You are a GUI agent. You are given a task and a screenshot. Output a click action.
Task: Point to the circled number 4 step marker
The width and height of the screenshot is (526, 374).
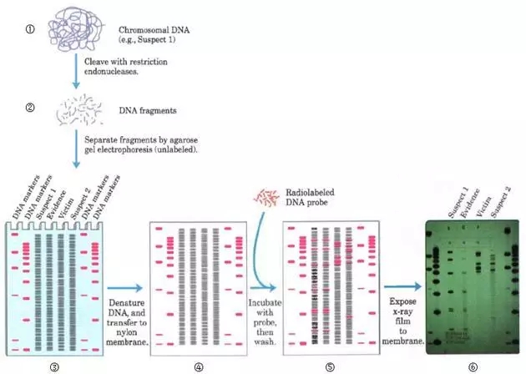coord(199,365)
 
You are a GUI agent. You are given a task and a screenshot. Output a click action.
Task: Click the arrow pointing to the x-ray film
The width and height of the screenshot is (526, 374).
coord(404,286)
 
